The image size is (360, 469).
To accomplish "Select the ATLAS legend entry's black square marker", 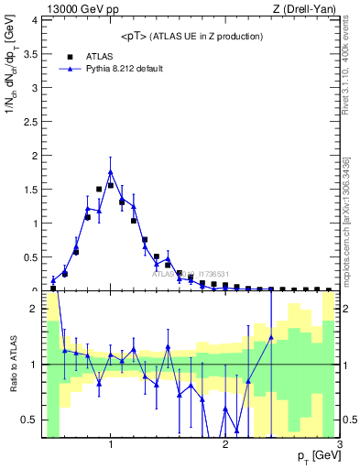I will (70, 56).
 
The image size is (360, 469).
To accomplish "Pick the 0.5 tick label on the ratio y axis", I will (30, 420).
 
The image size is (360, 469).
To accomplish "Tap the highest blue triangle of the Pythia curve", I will (111, 171).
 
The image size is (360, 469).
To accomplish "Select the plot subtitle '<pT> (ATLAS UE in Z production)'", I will (191, 37).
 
